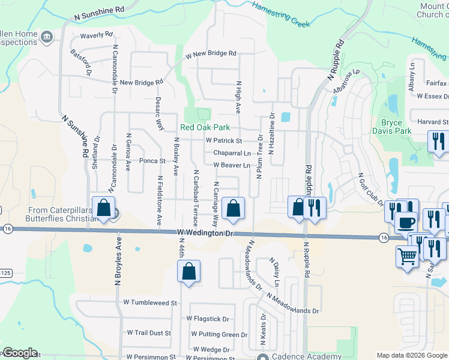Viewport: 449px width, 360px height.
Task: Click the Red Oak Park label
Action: tap(206, 128)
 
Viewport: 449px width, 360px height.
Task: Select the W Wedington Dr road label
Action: tap(204, 233)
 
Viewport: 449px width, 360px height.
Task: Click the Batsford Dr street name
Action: tap(79, 62)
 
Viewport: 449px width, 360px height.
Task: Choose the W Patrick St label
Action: tap(223, 141)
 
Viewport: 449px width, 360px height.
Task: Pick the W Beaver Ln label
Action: tap(231, 165)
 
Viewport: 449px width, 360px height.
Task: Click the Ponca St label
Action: tap(152, 161)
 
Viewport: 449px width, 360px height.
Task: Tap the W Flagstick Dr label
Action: tap(208, 319)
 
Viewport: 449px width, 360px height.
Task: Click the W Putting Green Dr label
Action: tap(219, 334)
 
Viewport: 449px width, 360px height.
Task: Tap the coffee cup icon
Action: tap(406, 223)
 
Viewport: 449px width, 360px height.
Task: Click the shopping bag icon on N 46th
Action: tap(188, 271)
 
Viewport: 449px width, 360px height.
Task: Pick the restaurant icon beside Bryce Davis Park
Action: tap(437, 142)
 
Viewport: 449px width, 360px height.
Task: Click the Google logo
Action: tap(20, 353)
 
